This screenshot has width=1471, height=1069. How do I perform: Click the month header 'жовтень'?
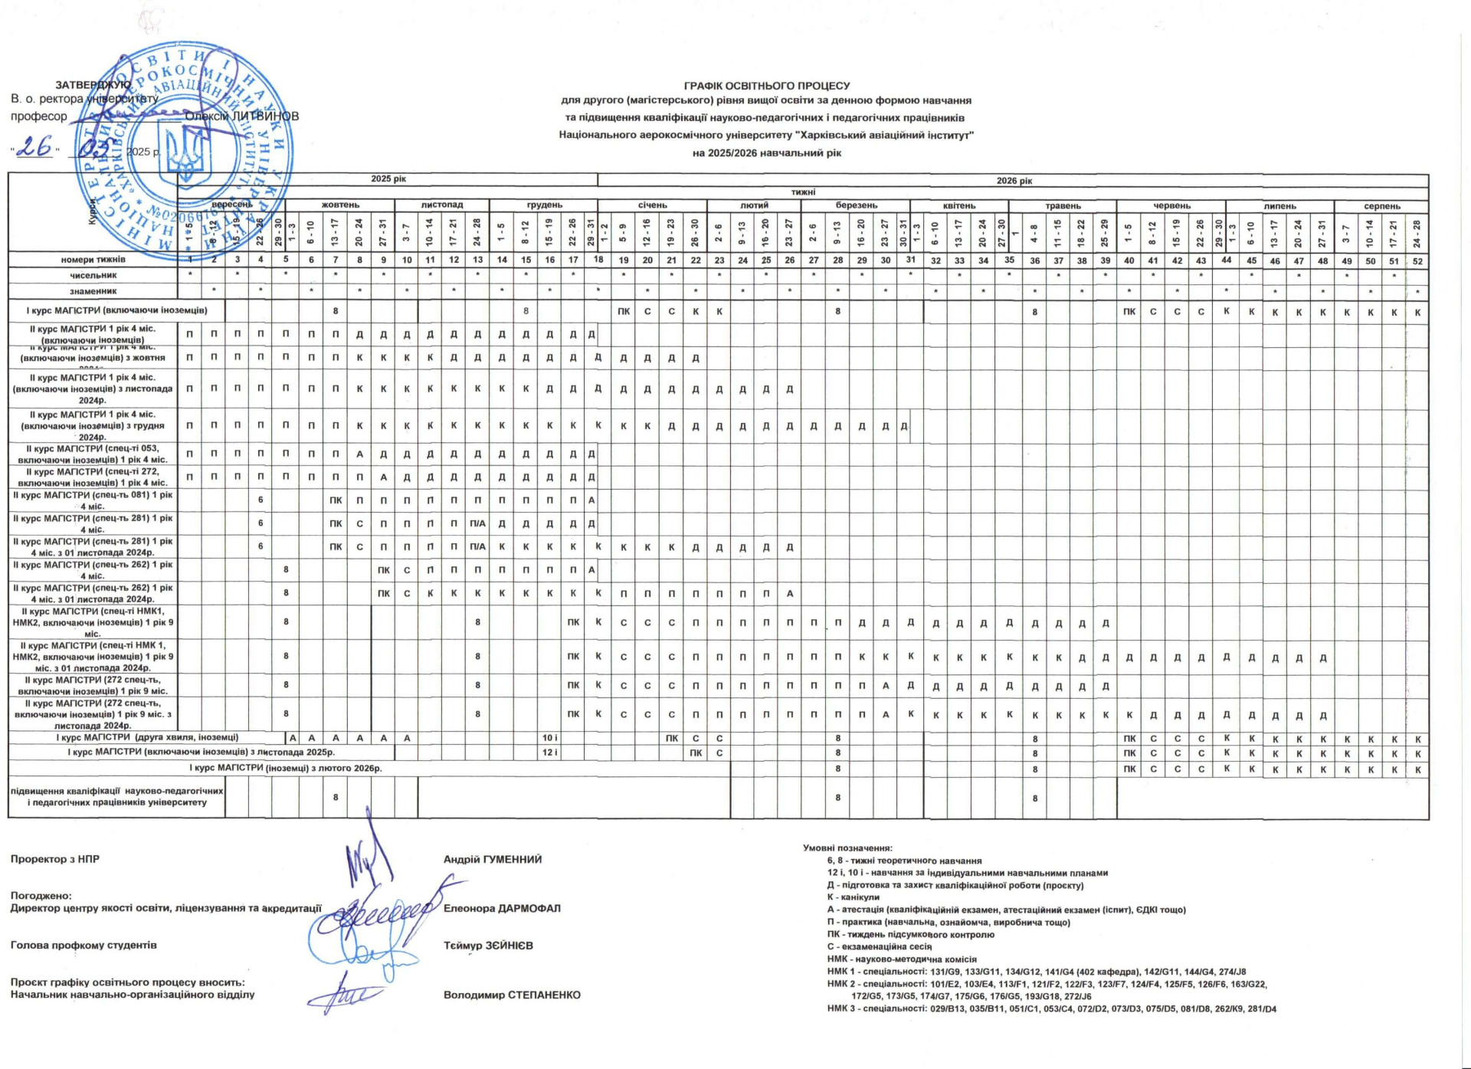point(340,205)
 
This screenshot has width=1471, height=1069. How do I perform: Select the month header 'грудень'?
point(544,205)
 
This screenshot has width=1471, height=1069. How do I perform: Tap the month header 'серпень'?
point(1381,206)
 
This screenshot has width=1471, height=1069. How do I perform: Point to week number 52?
point(1417,261)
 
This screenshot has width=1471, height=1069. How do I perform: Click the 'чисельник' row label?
point(93,275)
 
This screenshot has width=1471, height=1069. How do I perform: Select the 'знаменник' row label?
point(93,291)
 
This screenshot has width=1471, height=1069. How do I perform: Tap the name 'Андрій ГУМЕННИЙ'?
point(493,859)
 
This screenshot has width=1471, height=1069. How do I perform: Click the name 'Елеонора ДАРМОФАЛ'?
point(502,908)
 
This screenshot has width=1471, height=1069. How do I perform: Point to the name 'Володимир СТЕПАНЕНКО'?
point(512,995)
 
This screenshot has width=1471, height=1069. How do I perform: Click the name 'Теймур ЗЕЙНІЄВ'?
point(488,946)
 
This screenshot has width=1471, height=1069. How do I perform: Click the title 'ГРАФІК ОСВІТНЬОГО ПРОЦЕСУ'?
point(766,86)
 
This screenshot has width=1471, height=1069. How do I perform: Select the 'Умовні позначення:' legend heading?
point(847,848)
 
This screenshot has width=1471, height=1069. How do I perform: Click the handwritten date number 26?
point(34,147)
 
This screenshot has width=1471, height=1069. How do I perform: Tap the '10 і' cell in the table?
point(549,738)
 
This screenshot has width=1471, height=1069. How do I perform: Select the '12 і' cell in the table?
point(549,753)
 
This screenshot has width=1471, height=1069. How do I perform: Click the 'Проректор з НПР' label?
point(55,859)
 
